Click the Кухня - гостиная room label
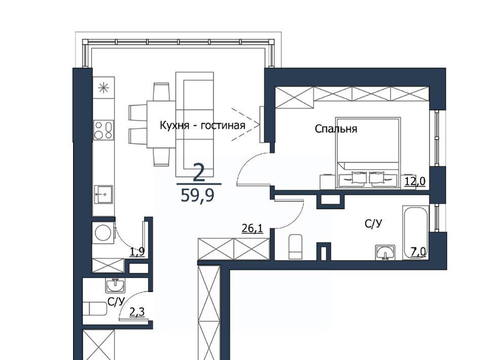(x=202, y=125)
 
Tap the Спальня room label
(x=336, y=128)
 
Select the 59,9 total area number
(x=197, y=196)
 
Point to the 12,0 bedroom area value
(x=415, y=181)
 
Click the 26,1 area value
(x=252, y=229)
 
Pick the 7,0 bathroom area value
(x=419, y=252)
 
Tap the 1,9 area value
(x=137, y=251)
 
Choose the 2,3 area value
(x=137, y=312)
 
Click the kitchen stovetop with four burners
(x=103, y=130)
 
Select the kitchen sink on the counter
(x=103, y=194)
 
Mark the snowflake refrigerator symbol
(x=103, y=88)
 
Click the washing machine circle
(x=103, y=233)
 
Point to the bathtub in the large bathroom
(x=415, y=232)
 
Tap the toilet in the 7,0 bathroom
(x=295, y=247)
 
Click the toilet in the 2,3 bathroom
(x=95, y=308)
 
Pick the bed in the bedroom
(x=368, y=153)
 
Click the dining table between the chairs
(x=161, y=124)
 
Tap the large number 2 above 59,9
(x=199, y=173)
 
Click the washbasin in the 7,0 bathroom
(x=386, y=251)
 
